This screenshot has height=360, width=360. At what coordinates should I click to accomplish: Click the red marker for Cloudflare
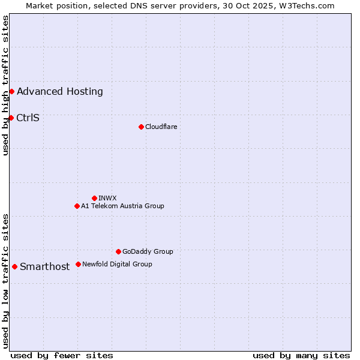(x=141, y=127)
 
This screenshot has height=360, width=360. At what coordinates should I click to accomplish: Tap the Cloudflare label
(x=161, y=127)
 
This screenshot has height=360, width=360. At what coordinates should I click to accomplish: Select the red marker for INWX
(x=94, y=198)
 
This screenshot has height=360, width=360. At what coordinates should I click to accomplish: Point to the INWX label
(x=107, y=198)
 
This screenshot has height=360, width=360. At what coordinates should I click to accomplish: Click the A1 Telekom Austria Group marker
(x=77, y=206)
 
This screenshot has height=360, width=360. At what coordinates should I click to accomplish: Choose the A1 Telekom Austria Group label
(x=122, y=206)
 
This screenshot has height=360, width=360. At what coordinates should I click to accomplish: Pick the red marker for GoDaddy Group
(x=118, y=251)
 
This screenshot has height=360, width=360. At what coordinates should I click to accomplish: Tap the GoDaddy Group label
(x=148, y=251)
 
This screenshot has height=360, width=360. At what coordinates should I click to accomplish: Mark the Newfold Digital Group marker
(x=78, y=264)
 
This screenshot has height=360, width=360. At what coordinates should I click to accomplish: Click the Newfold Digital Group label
(x=117, y=264)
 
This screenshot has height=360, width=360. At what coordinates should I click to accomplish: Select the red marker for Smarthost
(x=14, y=266)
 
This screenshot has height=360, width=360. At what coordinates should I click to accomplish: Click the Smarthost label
(x=44, y=267)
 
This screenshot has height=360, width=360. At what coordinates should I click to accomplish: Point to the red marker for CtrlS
(x=11, y=118)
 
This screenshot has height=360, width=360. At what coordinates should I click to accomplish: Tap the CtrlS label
(x=28, y=118)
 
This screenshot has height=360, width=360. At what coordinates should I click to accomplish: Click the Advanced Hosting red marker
(x=11, y=91)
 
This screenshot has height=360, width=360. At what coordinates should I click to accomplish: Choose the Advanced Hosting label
(x=60, y=92)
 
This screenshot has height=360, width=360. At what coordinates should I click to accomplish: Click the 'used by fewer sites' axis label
(x=62, y=355)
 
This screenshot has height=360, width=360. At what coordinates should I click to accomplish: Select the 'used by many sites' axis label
(x=301, y=355)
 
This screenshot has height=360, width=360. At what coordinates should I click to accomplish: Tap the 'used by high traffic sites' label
(x=6, y=85)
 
